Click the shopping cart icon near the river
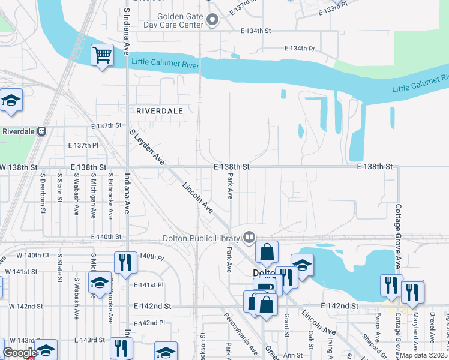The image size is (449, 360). tap(103, 55)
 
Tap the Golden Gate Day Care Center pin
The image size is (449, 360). tap(212, 21)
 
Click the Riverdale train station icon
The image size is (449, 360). tap(41, 131)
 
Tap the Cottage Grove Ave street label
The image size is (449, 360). tap(397, 236)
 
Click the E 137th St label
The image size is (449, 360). tap(106, 126)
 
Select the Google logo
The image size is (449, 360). tap(19, 353)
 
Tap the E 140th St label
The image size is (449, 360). tap(106, 237)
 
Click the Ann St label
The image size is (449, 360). tap(292, 355)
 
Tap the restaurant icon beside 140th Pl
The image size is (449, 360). tap(125, 262)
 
